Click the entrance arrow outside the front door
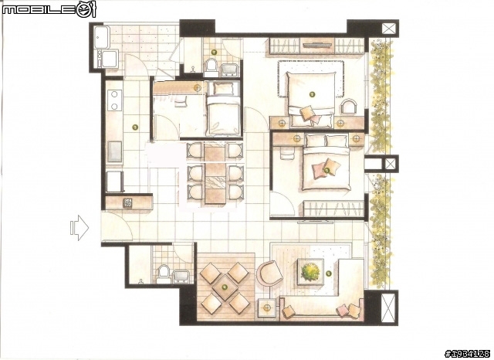point(79,228)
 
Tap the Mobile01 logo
point(49,9)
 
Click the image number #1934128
point(468,353)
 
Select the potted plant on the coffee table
point(310,272)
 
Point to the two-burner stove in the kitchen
point(114,100)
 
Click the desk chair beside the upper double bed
point(350,106)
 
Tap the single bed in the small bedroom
point(223,109)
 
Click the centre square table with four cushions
point(225,287)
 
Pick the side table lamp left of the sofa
point(268,308)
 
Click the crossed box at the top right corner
point(389,29)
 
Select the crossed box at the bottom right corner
point(389,308)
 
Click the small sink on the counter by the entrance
point(127,203)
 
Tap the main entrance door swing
point(117,226)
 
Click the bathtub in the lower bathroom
point(183,277)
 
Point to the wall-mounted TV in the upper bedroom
point(317,45)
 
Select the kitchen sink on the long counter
point(115,151)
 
